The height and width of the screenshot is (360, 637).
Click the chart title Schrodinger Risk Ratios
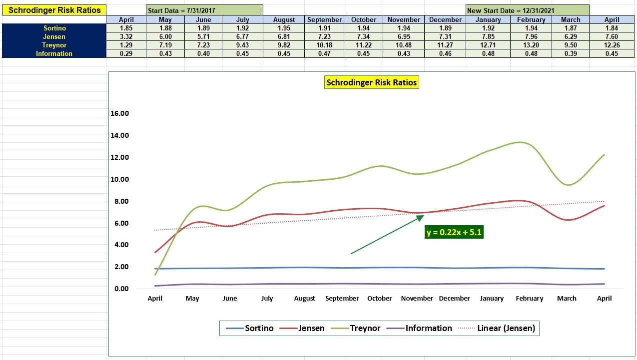click(371, 83)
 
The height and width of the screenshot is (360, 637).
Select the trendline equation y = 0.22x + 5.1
click(454, 232)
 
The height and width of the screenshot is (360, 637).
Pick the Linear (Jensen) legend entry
click(506, 328)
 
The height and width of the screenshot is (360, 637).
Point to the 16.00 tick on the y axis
click(119, 113)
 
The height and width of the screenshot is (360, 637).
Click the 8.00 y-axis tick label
click(119, 201)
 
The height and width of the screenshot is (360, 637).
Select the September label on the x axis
click(342, 298)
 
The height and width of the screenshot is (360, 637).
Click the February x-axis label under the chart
click(529, 298)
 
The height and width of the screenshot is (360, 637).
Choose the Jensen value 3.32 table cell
click(126, 36)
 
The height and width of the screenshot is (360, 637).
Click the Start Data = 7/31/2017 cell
click(204, 10)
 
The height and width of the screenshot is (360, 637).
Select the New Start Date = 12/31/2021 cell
click(527, 10)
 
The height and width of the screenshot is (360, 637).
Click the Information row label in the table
click(54, 53)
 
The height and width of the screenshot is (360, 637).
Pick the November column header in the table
click(404, 19)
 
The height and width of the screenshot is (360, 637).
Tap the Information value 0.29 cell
click(126, 53)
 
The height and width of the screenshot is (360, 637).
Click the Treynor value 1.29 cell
click(126, 45)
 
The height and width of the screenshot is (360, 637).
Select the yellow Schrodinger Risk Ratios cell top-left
click(54, 10)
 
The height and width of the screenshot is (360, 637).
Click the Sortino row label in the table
click(54, 28)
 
